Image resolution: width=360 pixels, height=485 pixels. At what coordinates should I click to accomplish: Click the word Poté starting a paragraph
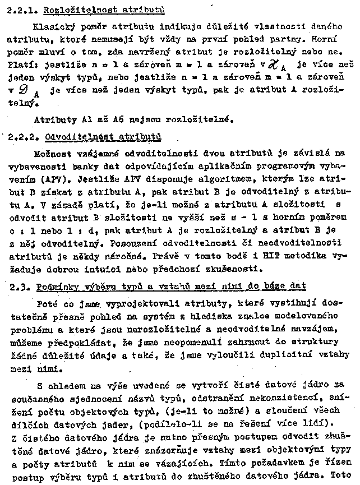coord(46,303)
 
